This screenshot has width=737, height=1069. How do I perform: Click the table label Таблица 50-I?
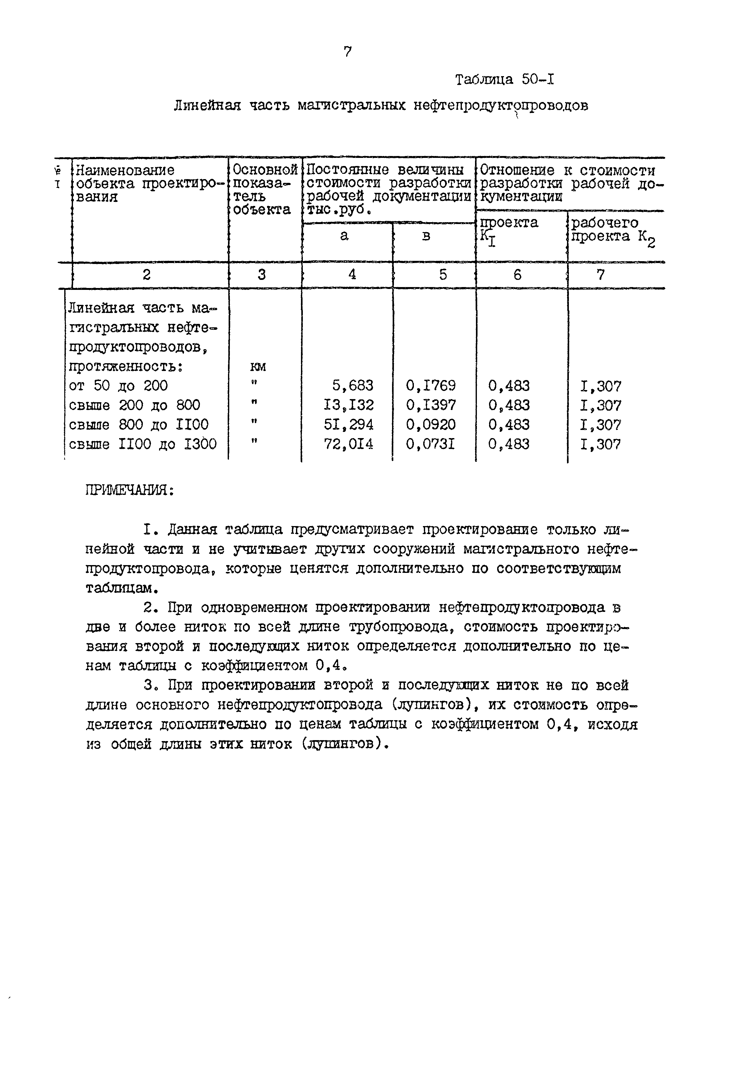point(504,80)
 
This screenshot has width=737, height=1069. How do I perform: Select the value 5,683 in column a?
point(352,385)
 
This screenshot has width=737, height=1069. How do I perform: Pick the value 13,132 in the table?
point(349,405)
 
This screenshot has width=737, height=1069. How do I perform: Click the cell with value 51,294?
point(349,425)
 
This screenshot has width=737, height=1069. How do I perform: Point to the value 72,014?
point(349,444)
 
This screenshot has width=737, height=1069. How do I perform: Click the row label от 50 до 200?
point(118,385)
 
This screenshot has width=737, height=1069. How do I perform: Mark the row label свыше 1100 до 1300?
point(142,444)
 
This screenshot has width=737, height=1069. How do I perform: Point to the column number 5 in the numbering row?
point(443,275)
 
